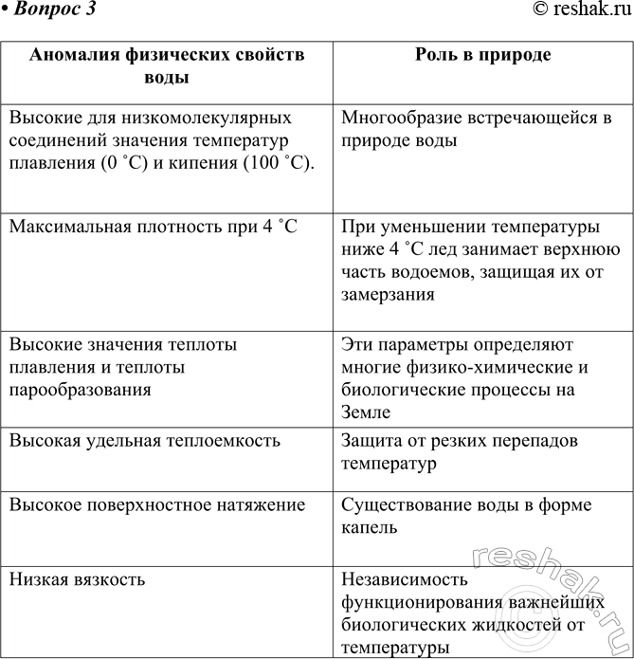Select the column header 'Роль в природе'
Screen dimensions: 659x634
coord(483,55)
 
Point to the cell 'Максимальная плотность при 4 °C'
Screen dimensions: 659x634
coord(153,229)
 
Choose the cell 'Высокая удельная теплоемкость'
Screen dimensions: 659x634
coord(145,441)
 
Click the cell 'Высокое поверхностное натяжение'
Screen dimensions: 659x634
coord(157,505)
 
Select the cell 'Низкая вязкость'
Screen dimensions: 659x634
coord(77,577)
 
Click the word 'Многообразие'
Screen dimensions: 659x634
coord(399,119)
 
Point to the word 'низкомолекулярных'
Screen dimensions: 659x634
coord(208,119)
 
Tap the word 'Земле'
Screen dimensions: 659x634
coord(365,411)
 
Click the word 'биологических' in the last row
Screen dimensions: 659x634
coord(400,625)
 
